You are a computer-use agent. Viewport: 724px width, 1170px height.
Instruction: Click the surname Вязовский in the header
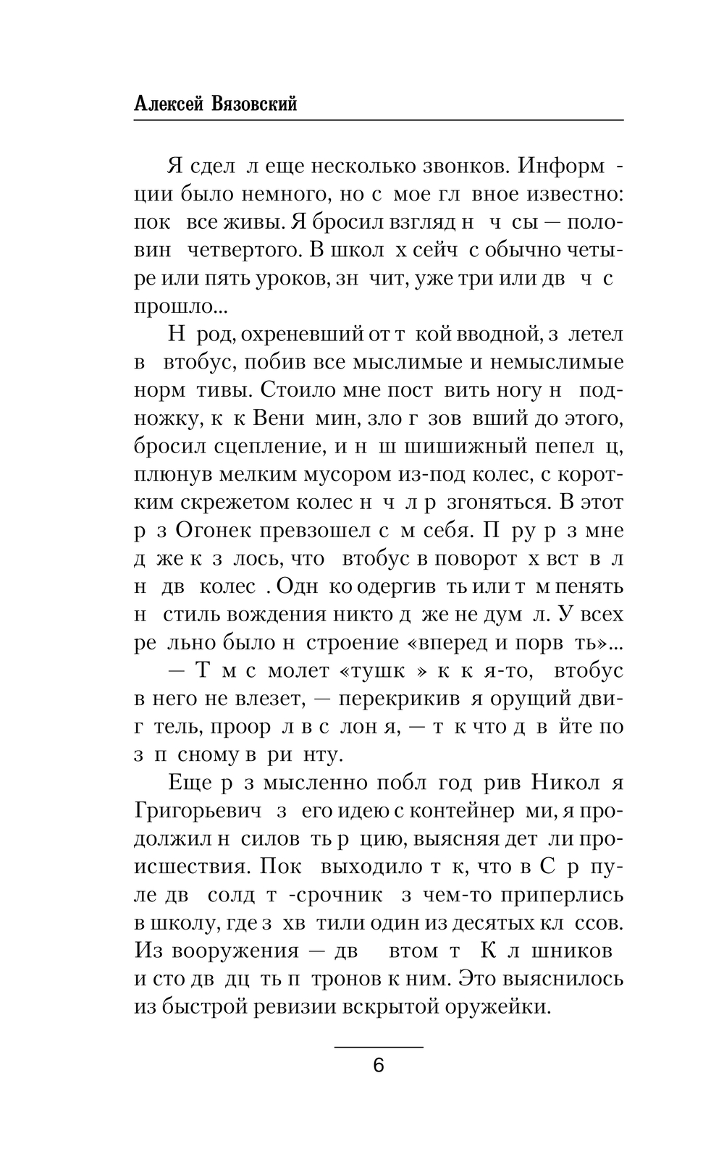click(254, 104)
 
